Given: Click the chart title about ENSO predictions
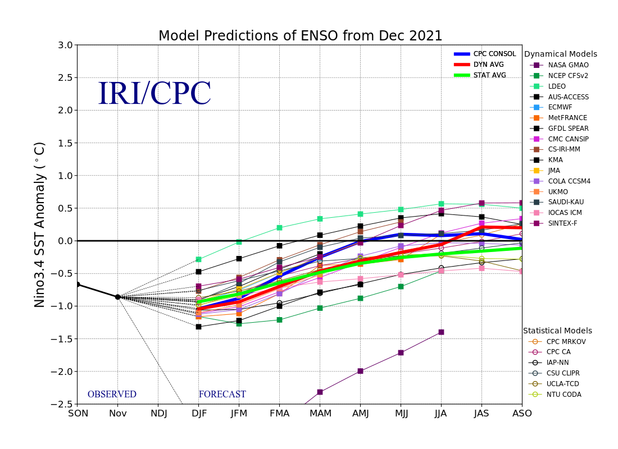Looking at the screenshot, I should point(300,36).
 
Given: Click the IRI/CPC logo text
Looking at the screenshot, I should point(154,94).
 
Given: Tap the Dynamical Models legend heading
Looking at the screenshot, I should point(560,54).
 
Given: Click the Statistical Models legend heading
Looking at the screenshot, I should point(557,331).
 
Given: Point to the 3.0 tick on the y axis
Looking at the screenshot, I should point(65,45).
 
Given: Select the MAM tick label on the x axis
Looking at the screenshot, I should point(320,414).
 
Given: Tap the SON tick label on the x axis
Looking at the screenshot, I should point(78,414).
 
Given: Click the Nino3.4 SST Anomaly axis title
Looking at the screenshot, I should point(40,224).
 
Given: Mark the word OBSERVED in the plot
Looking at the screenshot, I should point(112,395).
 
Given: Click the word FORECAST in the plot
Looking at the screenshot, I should point(222,395).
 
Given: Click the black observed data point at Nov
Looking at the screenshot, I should point(117,297).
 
